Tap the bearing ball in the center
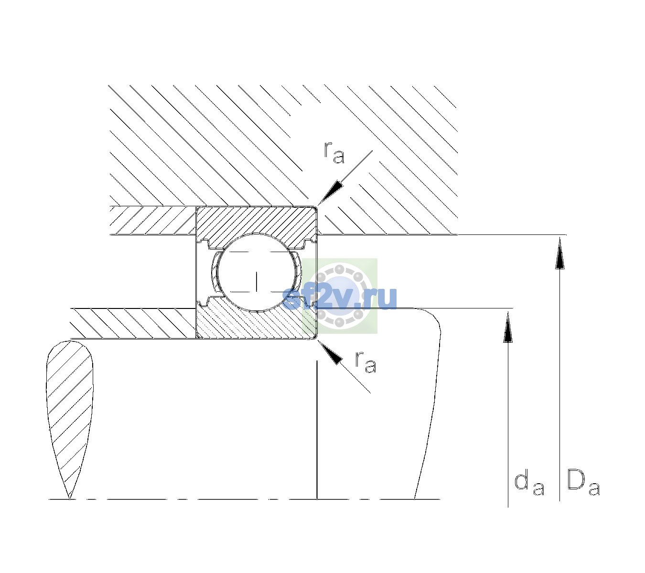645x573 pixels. click(x=257, y=272)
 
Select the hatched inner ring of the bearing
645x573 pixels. click(x=257, y=321)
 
